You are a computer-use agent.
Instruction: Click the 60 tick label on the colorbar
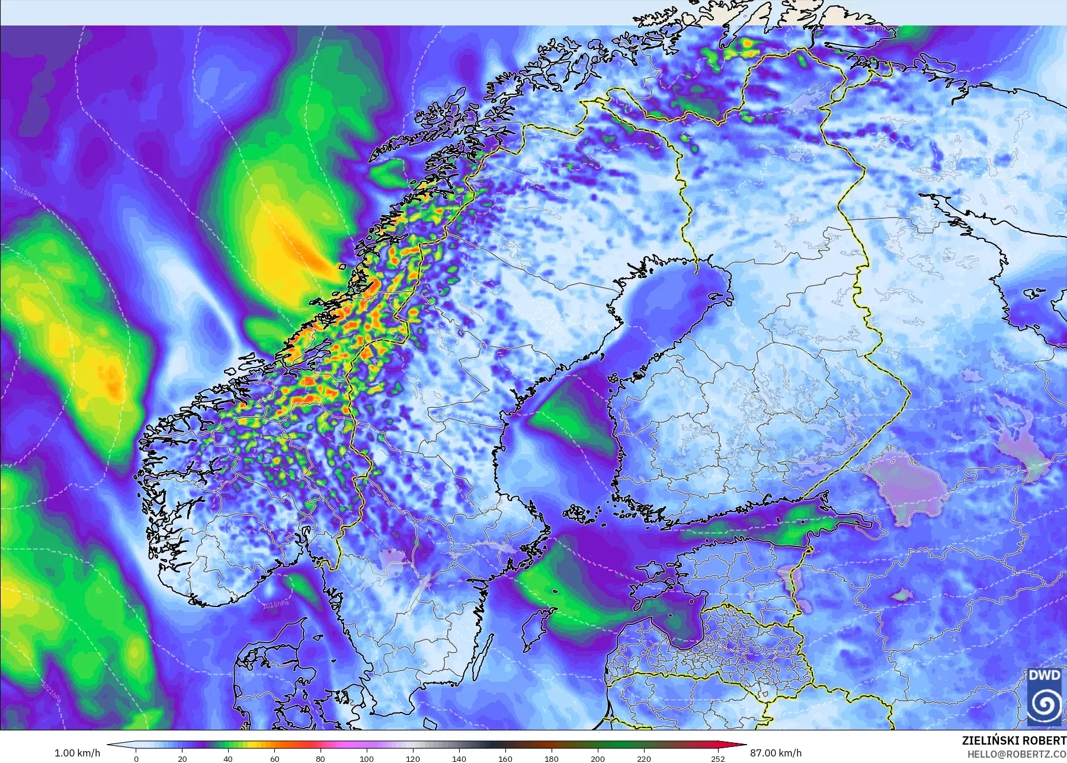point(274,758)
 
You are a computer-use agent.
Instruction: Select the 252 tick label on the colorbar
point(718,758)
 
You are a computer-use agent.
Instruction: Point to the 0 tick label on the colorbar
point(136,758)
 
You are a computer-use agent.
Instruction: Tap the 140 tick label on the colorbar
point(459,758)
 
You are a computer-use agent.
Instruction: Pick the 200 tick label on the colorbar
point(598,758)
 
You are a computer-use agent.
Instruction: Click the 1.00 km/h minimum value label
point(77,753)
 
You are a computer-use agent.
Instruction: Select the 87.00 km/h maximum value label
point(776,753)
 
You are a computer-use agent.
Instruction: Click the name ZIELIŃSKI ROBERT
point(1014,741)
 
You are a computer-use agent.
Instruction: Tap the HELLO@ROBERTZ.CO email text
point(1017,754)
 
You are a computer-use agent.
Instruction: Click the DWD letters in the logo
point(1044,676)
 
